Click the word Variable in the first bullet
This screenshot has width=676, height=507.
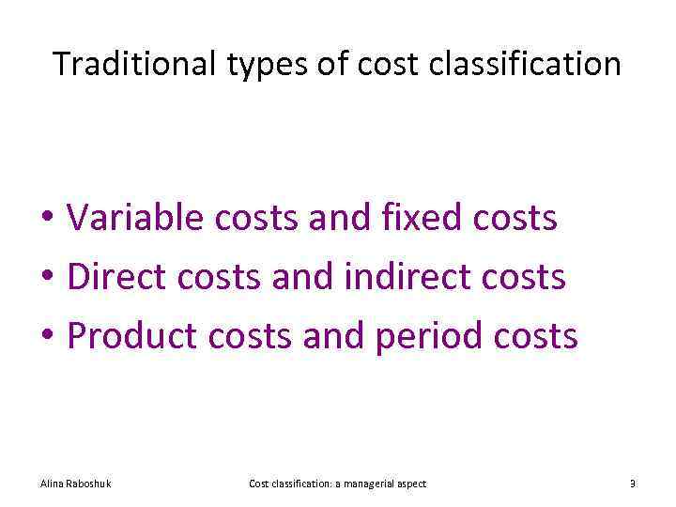pyautogui.click(x=135, y=218)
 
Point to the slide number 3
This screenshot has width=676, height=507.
pyautogui.click(x=632, y=484)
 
